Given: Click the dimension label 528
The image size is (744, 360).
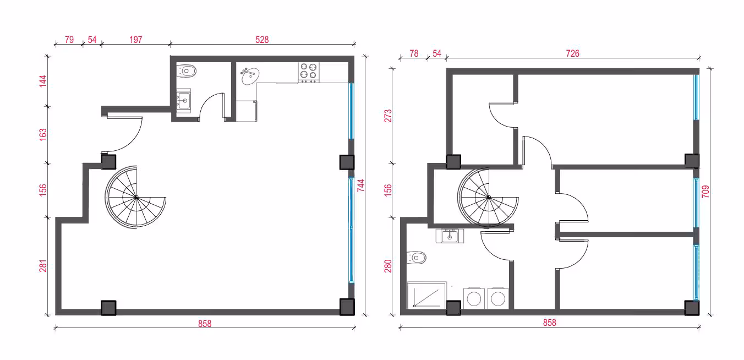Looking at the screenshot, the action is (x=262, y=40).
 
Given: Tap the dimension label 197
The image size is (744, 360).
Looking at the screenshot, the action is (x=135, y=40).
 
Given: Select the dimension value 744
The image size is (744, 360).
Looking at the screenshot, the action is (x=361, y=186).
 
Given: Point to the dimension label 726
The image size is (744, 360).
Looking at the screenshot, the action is (x=572, y=53).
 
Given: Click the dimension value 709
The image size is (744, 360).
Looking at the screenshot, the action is (x=705, y=192).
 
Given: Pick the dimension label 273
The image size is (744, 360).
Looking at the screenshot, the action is (x=388, y=116).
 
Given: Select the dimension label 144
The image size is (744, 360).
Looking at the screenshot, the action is (x=43, y=81).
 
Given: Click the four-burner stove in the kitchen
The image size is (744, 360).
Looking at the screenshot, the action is (x=309, y=72).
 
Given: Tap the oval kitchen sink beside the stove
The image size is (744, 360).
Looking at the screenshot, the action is (x=250, y=76).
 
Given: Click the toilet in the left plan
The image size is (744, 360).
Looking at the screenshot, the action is (x=187, y=71).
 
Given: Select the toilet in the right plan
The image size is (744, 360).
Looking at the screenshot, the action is (x=417, y=258).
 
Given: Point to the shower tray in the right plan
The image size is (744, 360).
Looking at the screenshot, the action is (x=426, y=295).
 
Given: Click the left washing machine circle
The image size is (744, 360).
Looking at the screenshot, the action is (x=474, y=299).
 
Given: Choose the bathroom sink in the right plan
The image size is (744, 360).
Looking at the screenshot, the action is (x=450, y=236).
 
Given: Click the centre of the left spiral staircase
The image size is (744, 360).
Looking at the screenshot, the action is (x=136, y=198).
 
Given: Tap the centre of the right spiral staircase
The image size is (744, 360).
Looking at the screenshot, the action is (x=489, y=198).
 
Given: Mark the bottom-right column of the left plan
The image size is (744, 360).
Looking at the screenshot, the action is (x=347, y=307).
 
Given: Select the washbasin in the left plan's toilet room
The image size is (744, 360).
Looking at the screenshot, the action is (x=184, y=100).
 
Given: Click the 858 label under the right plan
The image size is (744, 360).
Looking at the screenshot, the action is (x=549, y=323).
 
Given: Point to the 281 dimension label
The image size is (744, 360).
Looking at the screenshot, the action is (x=43, y=266).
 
